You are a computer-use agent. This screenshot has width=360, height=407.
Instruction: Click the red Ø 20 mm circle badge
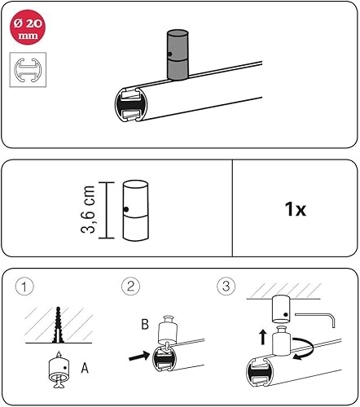point(28,27)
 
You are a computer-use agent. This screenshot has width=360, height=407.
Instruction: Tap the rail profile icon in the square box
point(28,70)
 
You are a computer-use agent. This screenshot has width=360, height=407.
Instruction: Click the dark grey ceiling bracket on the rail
point(178,55)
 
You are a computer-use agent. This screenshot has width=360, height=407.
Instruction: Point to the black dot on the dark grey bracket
point(169,55)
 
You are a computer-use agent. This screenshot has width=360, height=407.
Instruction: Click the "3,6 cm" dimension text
point(88,209)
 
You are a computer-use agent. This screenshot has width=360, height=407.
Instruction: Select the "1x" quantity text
point(295,209)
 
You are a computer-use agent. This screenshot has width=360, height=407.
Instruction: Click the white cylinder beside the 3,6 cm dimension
point(135,211)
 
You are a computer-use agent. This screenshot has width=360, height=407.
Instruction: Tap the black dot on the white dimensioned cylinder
point(125,209)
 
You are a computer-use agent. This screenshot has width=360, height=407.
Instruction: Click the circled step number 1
point(24,287)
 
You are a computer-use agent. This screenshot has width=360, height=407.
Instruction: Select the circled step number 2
point(130,286)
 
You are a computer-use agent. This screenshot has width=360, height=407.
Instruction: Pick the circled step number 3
point(226,286)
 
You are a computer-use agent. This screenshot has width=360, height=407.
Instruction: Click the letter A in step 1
point(85,368)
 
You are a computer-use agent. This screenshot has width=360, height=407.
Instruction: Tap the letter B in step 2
point(145,324)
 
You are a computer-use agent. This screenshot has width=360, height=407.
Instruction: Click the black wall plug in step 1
point(58,325)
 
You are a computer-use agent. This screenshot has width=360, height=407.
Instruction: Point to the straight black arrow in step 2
point(139,356)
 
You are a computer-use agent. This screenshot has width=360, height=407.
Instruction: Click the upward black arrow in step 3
point(262,337)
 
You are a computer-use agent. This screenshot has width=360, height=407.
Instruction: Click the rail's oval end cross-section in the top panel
point(131,104)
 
